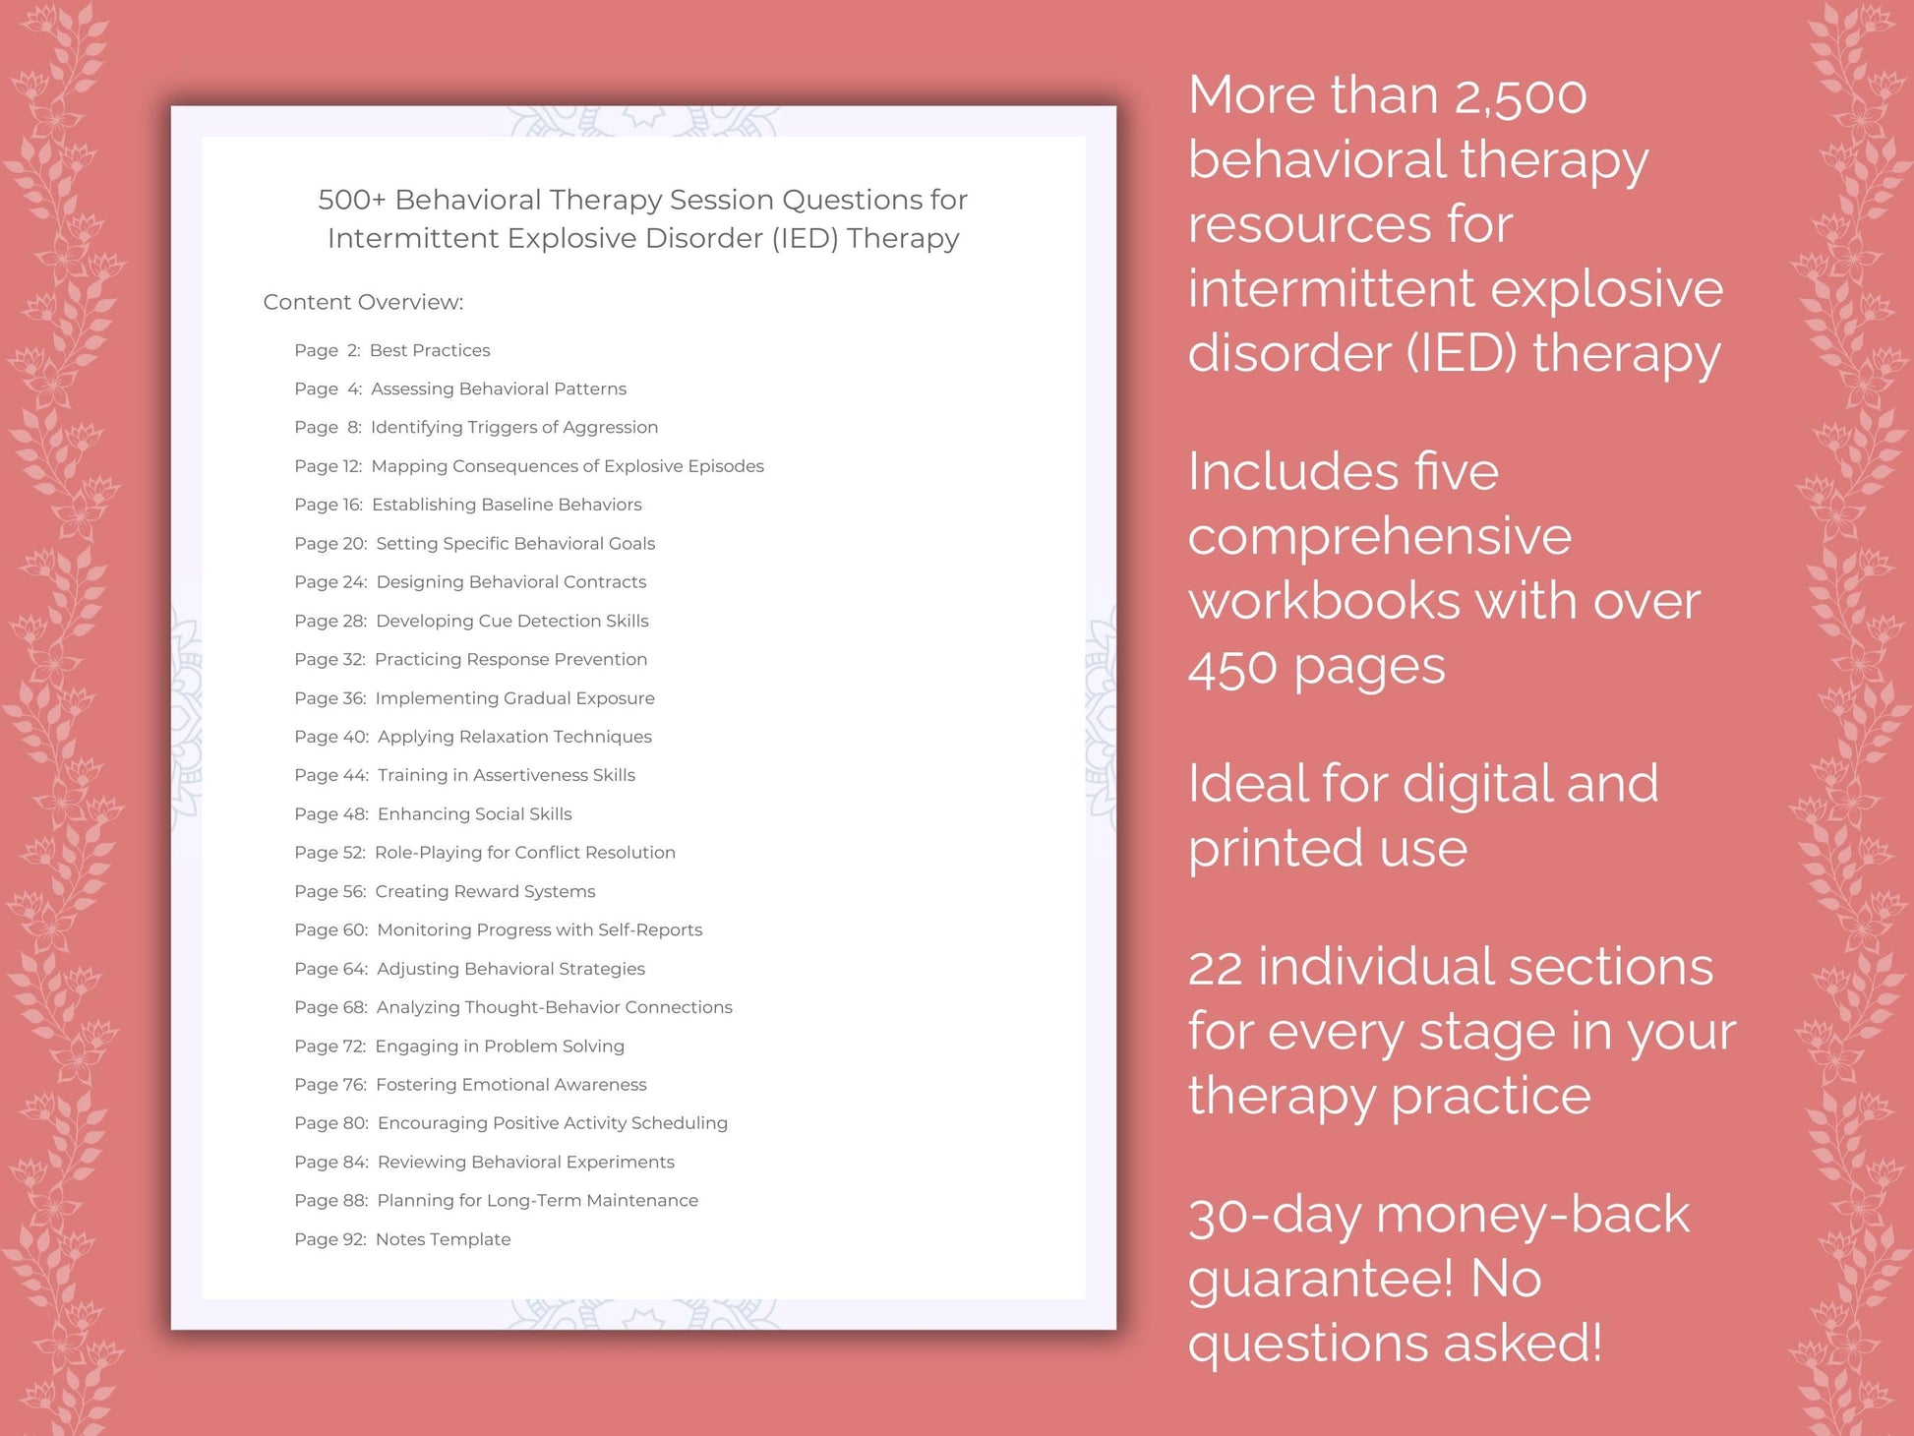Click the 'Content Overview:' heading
[x=363, y=302]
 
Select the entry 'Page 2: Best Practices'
[x=391, y=350]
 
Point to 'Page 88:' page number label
[x=330, y=1201]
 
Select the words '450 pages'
[x=1316, y=668]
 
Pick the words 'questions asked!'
[x=1395, y=1344]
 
